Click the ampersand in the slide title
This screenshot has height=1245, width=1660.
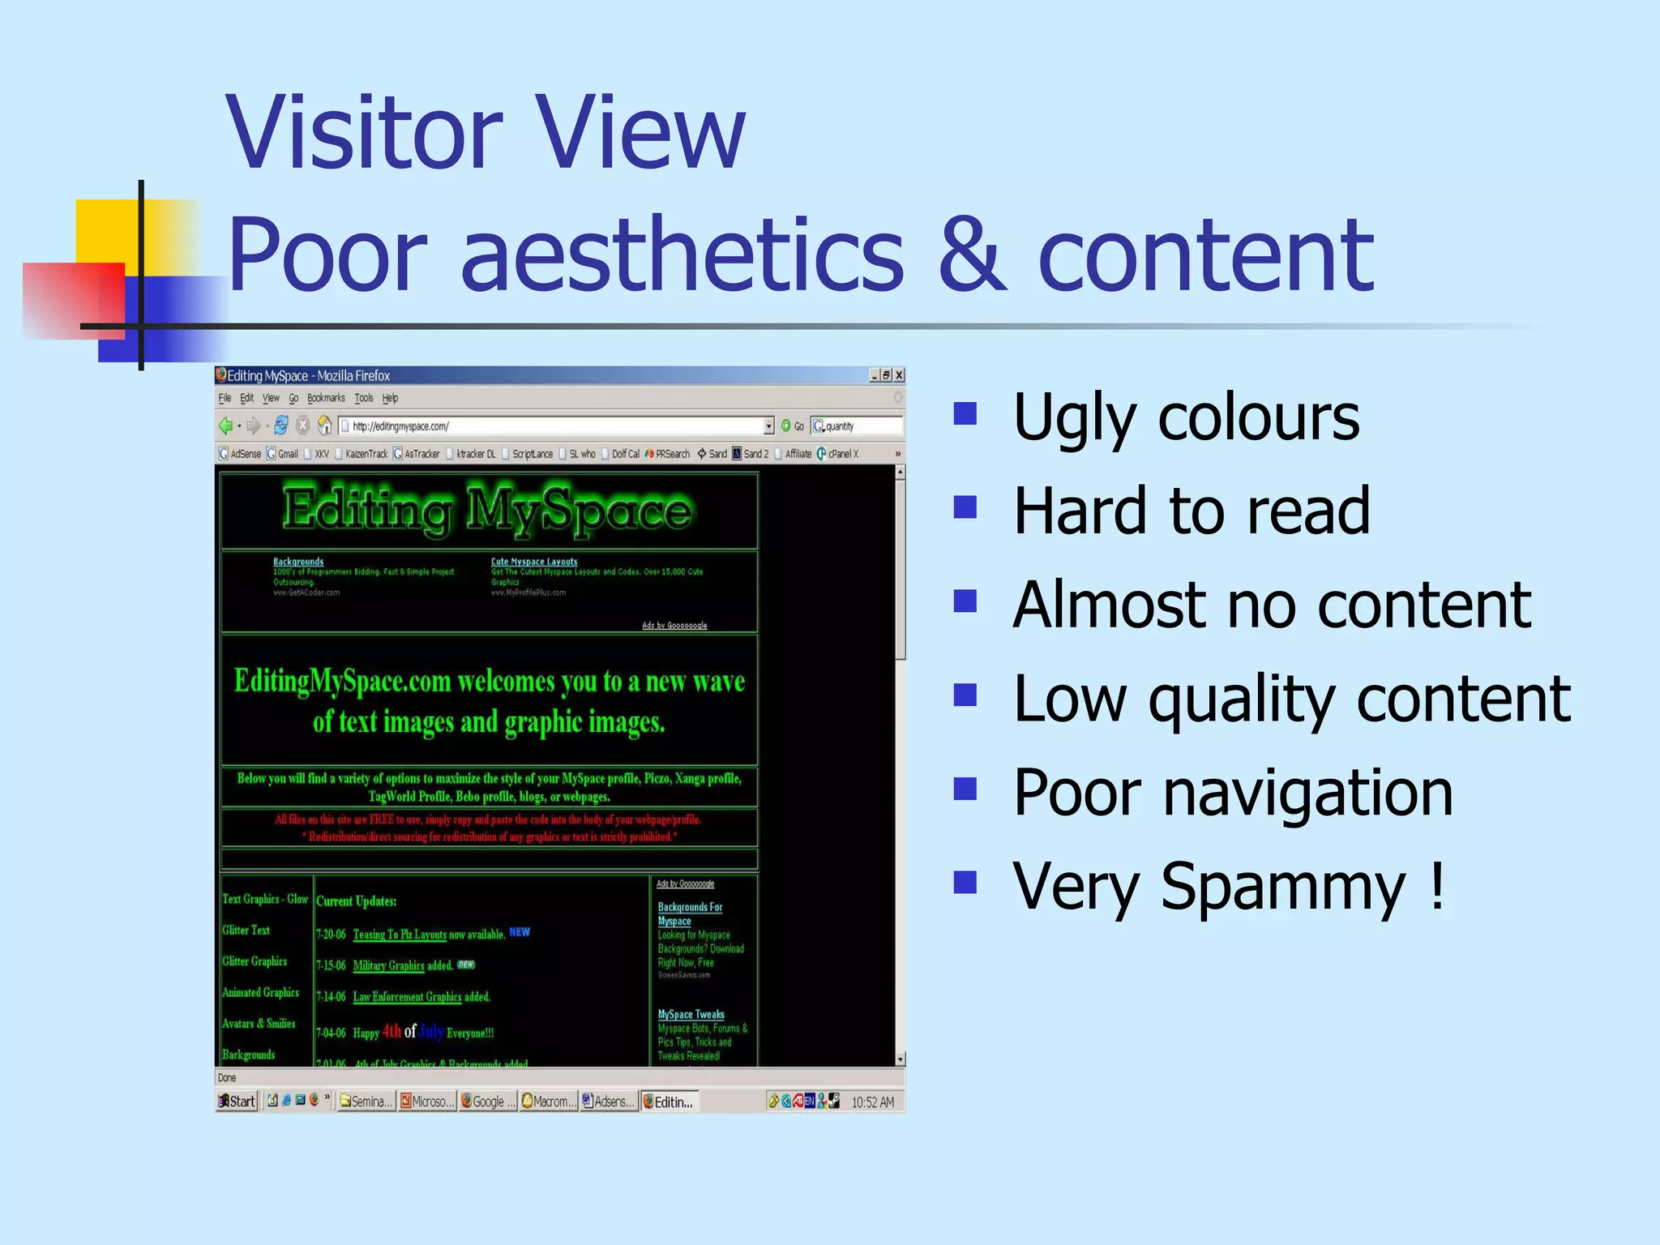(x=972, y=255)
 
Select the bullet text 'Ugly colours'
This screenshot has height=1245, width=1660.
(x=1186, y=417)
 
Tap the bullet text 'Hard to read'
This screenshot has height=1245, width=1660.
(x=1192, y=511)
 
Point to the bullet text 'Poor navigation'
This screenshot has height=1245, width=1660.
(x=1233, y=792)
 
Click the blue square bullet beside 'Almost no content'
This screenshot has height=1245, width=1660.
(x=965, y=601)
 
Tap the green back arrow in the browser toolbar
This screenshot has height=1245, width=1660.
(x=226, y=426)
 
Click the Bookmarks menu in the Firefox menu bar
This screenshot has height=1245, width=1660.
(x=326, y=398)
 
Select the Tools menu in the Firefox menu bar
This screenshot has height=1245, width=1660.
(x=364, y=398)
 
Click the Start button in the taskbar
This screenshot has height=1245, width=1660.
(x=237, y=1101)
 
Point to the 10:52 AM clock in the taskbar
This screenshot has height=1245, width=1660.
(x=872, y=1102)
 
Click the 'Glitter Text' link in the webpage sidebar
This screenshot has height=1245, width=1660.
(x=246, y=931)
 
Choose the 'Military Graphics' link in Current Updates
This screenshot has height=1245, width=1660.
(x=388, y=965)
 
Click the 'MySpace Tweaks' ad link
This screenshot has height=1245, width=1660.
(x=691, y=1014)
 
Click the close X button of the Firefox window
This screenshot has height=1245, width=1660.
(x=898, y=375)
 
